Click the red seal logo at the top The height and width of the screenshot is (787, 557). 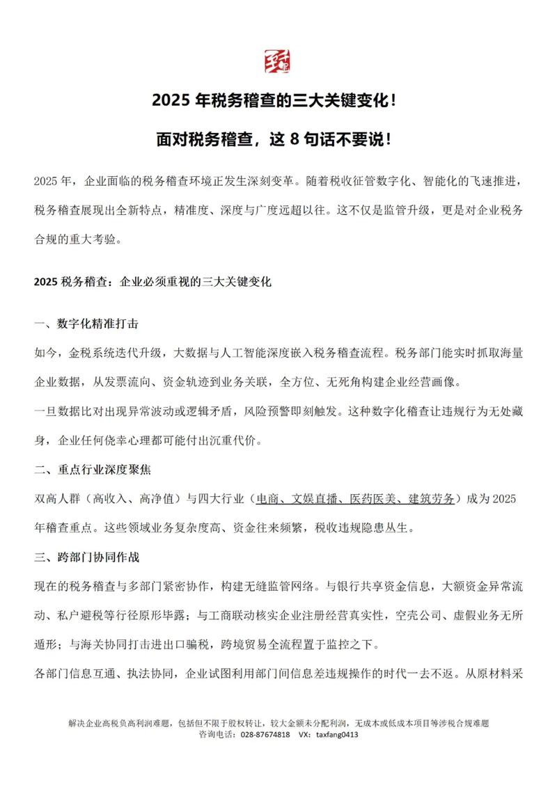pos(278,62)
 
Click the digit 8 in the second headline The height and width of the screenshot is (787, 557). pos(295,138)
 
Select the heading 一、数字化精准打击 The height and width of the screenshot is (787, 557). pos(91,325)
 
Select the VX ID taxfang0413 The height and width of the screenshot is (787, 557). pos(338,734)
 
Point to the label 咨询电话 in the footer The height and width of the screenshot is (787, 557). pos(215,734)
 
